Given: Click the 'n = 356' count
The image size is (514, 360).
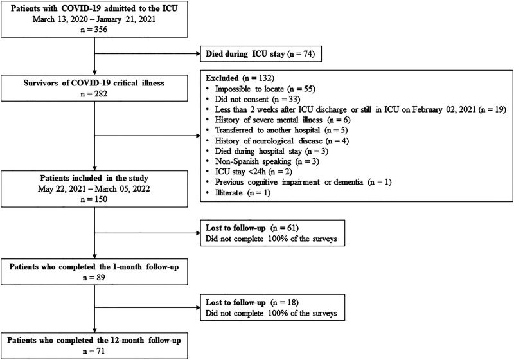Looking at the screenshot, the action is [x=94, y=30].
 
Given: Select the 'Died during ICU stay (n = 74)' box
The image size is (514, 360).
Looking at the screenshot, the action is [x=261, y=54].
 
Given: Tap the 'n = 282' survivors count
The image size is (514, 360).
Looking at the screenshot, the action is [x=94, y=94].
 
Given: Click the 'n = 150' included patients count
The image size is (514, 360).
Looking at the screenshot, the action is [x=94, y=199].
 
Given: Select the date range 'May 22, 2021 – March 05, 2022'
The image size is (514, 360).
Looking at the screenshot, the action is [x=94, y=189].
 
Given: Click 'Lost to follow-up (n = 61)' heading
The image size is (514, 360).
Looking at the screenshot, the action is [x=252, y=228].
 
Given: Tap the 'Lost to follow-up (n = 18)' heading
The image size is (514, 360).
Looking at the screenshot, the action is [x=252, y=302].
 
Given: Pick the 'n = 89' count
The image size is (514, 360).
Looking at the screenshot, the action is [x=94, y=277].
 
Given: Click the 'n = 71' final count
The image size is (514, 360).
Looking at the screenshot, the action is [x=94, y=351].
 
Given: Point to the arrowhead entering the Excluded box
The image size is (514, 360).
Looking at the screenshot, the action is [x=198, y=136].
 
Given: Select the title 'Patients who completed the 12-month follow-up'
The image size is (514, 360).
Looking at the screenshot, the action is [x=94, y=340].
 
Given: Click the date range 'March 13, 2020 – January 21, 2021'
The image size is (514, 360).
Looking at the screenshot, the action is [x=94, y=19].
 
